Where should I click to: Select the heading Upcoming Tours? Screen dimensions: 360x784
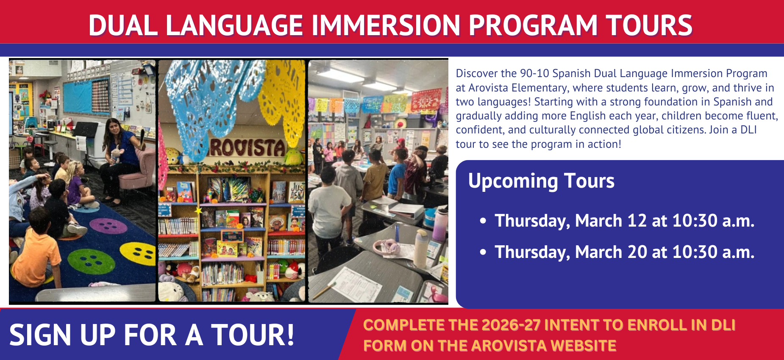[x=541, y=181]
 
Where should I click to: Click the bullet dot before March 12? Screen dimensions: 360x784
[x=483, y=221]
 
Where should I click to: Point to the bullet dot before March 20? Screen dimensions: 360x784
[x=483, y=252]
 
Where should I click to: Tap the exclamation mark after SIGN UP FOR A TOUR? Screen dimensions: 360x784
[x=289, y=335]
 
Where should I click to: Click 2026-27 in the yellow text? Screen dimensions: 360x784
[x=511, y=325]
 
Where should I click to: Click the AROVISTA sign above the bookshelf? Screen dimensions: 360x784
[x=248, y=148]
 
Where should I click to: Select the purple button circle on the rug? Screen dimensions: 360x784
[x=109, y=225]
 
